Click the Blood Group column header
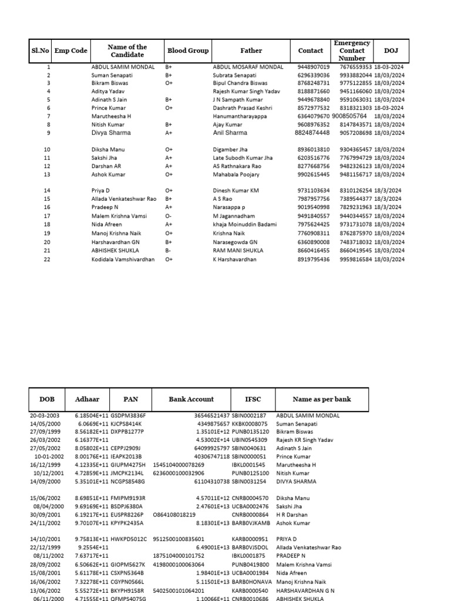pos(188,51)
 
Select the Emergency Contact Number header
pos(352,51)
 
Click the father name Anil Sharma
pos(230,133)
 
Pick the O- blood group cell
pos(169,216)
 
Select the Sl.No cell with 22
pos(48,259)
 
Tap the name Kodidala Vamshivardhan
pos(123,259)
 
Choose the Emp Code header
pos(70,51)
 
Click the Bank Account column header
pos(191,399)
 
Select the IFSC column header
pos(253,399)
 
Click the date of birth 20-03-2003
pos(45,416)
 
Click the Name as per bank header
pos(321,399)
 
